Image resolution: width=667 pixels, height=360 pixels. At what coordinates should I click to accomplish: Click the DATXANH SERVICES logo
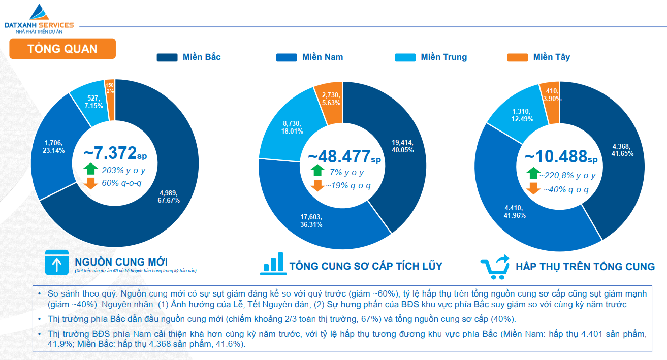click(39, 19)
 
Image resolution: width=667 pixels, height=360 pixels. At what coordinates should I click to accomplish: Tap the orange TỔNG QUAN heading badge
click(62, 49)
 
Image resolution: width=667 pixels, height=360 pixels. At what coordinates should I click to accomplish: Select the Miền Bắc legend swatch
click(167, 57)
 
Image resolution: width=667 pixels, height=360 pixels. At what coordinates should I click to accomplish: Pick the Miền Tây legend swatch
click(517, 57)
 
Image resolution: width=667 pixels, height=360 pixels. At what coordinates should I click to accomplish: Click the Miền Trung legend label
click(443, 57)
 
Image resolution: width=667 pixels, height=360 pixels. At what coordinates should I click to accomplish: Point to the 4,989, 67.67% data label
click(169, 197)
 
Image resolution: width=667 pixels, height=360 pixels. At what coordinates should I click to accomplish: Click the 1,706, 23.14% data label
click(54, 147)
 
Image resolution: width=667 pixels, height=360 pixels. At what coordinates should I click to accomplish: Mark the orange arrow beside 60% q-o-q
click(90, 183)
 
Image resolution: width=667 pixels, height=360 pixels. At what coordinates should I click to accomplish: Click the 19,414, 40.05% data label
click(403, 146)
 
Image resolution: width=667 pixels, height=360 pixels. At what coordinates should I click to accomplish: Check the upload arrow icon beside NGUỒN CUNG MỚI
click(56, 263)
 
